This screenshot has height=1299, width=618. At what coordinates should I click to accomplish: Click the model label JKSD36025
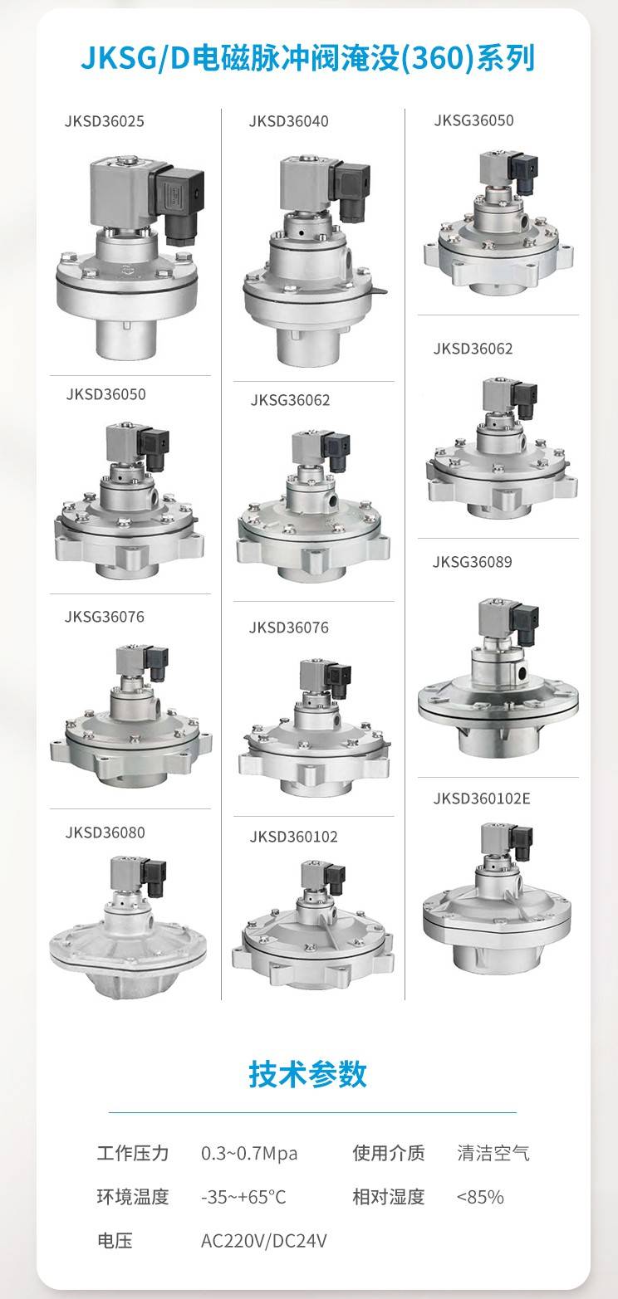point(105,122)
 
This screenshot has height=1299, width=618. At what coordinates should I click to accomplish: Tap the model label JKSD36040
point(288,122)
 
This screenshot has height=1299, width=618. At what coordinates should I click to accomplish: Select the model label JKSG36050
point(473,120)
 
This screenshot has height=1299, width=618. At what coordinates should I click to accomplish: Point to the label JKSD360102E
point(482,798)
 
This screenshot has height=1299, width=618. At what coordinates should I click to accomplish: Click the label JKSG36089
point(473,562)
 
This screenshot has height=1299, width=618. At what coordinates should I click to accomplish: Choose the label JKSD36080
point(105,833)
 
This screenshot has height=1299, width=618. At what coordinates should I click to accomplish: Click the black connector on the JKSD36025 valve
point(177,203)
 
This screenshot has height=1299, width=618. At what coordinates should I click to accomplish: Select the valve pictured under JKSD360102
point(313,925)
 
